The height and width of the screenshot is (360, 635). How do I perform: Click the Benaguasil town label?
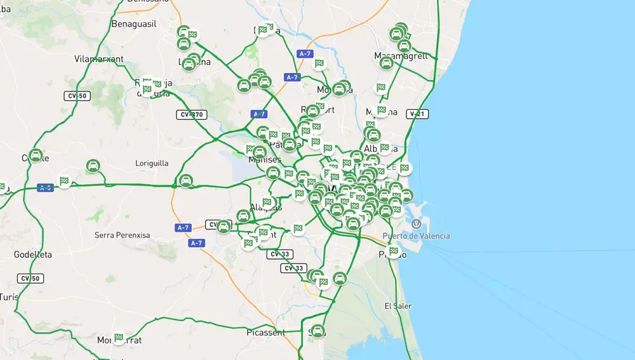tap(133, 24)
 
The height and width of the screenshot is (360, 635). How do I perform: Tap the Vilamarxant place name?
tap(98, 59)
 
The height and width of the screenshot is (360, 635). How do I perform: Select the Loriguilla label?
tap(152, 163)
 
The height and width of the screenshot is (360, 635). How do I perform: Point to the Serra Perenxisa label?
tap(123, 235)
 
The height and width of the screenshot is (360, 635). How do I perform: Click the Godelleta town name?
tap(33, 255)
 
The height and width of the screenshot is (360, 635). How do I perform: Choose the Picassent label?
tap(265, 332)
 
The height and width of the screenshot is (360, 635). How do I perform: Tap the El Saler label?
tap(398, 306)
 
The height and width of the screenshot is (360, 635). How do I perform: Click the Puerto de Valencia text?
tap(416, 236)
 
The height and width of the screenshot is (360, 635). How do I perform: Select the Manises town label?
tap(264, 160)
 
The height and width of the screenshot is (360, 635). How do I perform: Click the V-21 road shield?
tap(417, 114)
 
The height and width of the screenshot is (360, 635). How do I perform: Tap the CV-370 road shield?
tap(191, 115)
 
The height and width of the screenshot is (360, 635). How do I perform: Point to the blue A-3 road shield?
tap(44, 188)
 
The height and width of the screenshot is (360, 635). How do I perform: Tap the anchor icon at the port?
tap(416, 224)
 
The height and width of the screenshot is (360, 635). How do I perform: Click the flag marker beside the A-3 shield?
tap(64, 181)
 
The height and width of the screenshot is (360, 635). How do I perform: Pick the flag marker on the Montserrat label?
tap(119, 338)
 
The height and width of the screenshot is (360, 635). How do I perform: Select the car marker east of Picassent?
tap(318, 331)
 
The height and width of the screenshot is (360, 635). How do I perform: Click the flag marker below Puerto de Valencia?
tap(394, 251)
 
